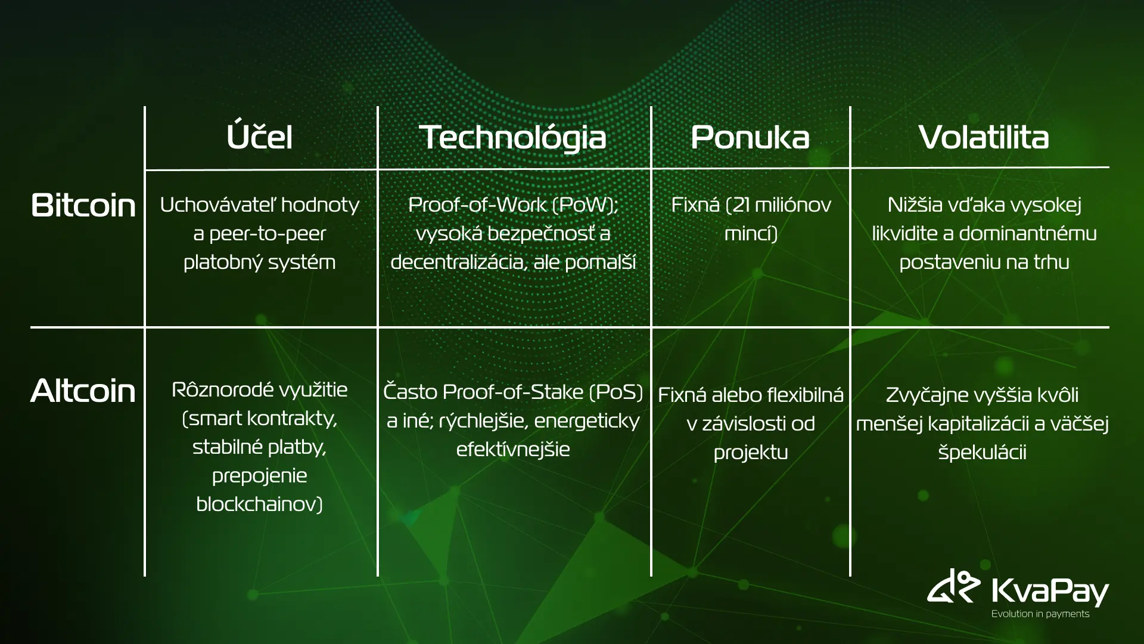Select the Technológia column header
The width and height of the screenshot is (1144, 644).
point(512,138)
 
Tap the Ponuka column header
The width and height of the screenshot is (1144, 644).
point(750,138)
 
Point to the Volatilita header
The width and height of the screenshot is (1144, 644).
point(984,137)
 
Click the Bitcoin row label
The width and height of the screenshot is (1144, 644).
point(83,205)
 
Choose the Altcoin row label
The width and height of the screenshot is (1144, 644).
point(83,391)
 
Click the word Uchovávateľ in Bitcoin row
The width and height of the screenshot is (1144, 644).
point(219,205)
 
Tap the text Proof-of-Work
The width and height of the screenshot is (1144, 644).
point(477,205)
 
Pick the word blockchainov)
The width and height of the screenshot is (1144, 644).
point(259,504)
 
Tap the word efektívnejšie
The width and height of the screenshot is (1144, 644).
point(513,449)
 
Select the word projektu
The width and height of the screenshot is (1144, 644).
point(751,453)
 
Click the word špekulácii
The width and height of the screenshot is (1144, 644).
point(983,452)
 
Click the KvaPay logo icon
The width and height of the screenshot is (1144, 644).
point(954,586)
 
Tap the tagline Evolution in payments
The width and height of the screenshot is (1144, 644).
point(1040,614)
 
